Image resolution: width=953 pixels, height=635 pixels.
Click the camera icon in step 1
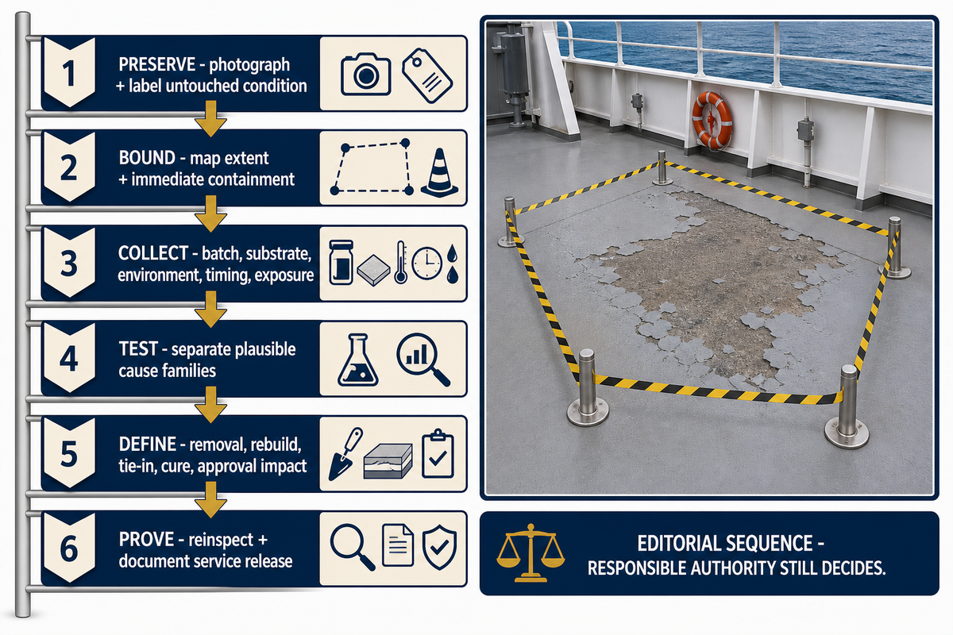(366, 74)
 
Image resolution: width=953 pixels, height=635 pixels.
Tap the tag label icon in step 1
(427, 75)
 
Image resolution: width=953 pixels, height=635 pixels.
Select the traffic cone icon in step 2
(439, 173)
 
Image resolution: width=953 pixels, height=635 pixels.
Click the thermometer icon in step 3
(400, 263)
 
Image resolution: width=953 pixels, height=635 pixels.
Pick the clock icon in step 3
(426, 264)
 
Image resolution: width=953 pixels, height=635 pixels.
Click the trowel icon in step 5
(345, 454)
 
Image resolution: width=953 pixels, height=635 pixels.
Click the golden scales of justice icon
(531, 553)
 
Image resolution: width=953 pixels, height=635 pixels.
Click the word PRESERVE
(157, 64)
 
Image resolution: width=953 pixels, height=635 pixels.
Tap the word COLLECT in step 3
(153, 253)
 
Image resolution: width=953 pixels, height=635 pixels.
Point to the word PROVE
(146, 540)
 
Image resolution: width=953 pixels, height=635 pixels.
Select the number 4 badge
(69, 358)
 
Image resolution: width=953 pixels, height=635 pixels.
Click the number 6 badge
(69, 548)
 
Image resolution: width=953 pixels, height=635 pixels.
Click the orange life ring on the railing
(712, 121)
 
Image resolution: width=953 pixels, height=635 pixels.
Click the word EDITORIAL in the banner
(680, 544)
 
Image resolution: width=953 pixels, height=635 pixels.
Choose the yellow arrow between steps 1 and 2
(210, 118)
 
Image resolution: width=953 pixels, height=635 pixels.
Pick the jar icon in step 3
(341, 263)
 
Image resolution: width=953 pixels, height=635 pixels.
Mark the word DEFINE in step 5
(147, 444)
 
